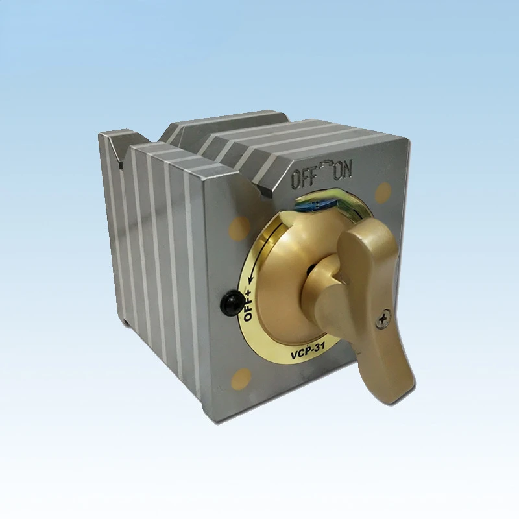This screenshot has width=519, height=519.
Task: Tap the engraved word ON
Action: click(342, 171)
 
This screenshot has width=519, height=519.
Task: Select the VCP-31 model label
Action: click(308, 351)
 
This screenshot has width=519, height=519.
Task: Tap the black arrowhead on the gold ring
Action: click(250, 280)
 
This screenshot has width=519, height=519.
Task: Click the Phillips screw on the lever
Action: click(383, 319)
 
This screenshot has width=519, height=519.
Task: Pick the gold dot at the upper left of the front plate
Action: click(239, 227)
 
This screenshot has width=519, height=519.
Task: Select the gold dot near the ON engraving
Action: click(384, 192)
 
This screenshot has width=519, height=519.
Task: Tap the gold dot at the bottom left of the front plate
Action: click(241, 379)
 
